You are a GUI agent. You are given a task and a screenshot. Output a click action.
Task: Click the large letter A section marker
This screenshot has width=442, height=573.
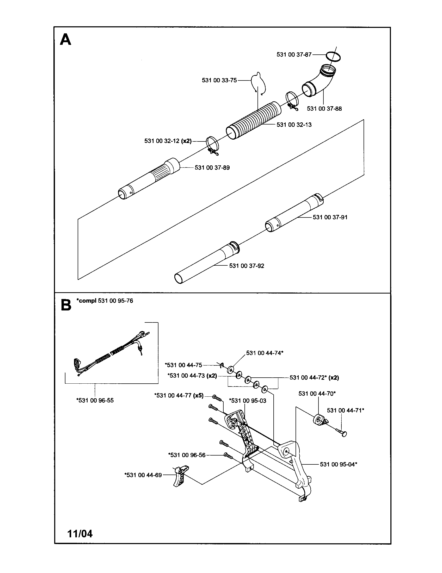point(65,40)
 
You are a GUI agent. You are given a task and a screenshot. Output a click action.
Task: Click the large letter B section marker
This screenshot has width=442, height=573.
point(66,306)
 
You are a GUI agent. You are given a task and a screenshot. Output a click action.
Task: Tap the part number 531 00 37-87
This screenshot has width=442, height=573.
point(294,55)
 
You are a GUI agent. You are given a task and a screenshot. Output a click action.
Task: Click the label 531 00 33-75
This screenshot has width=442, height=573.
point(219,80)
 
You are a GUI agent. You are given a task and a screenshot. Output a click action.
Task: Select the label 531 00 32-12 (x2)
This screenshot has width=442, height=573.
point(168,141)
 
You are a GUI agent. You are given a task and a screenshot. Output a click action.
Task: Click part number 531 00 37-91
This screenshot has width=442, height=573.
point(330,217)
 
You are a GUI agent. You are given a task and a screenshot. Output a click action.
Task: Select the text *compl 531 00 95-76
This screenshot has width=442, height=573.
point(105,301)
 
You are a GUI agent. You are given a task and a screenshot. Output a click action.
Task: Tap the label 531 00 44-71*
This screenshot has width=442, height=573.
point(345,410)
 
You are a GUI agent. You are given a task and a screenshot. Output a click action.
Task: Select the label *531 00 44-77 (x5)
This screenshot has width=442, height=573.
point(179,395)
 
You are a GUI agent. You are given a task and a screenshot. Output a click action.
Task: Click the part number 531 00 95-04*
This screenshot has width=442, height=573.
point(338,464)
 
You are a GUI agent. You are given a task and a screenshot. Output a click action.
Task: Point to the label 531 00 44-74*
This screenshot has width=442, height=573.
point(265,353)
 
